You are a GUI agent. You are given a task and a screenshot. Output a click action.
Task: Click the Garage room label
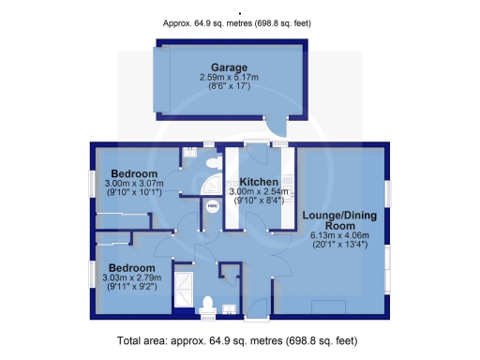(x=229, y=67)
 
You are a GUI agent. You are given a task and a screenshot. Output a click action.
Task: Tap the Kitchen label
(x=258, y=181)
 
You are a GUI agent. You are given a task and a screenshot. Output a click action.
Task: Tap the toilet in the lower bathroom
(x=209, y=304)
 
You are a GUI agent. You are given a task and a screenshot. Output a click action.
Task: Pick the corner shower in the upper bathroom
(x=215, y=183)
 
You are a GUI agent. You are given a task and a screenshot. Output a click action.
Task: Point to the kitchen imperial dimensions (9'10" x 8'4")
(x=258, y=200)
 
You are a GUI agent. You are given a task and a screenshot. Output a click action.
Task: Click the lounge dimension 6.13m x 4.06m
(x=340, y=235)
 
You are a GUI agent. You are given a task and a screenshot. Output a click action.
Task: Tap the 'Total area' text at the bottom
(x=239, y=338)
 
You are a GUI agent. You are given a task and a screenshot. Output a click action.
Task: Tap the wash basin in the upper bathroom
(x=190, y=149)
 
